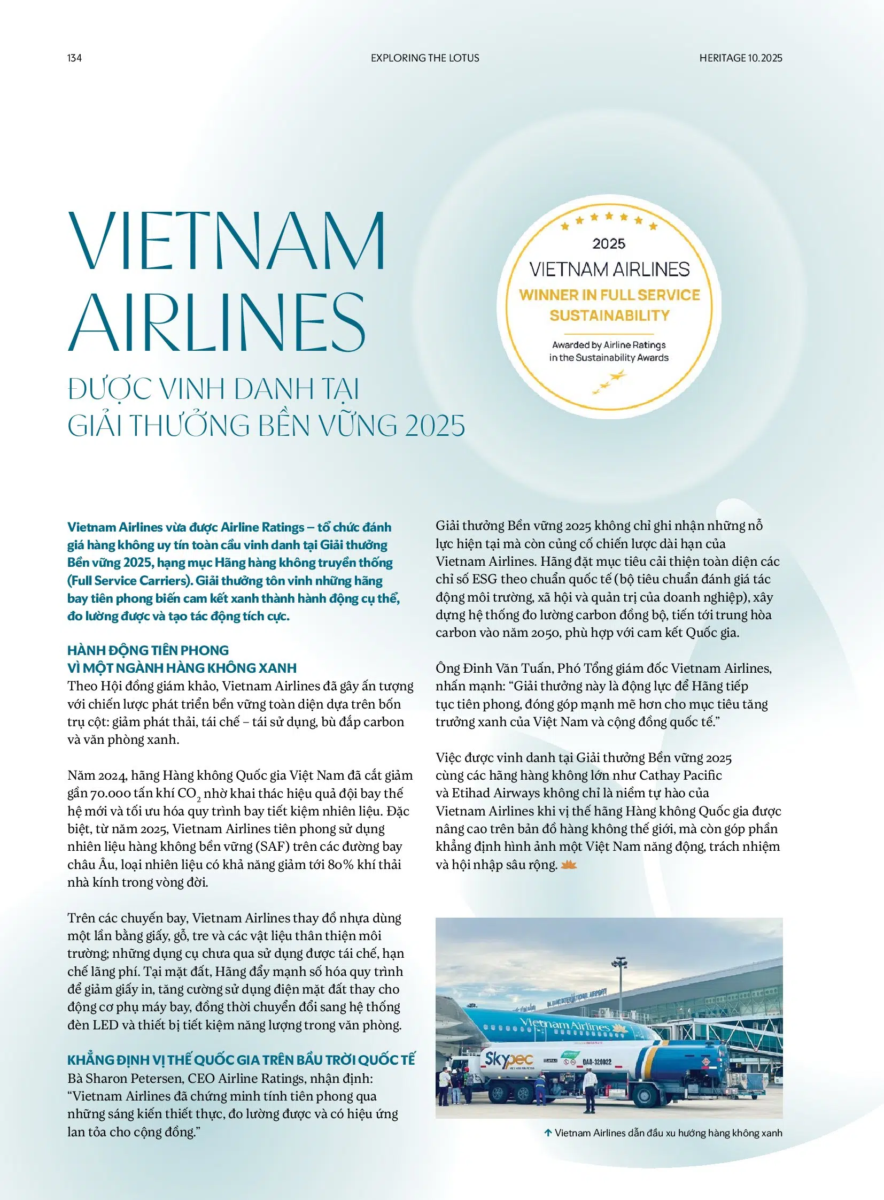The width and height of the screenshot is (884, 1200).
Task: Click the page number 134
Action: point(74,58)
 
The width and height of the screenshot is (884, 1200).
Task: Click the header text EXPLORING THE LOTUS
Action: point(425,58)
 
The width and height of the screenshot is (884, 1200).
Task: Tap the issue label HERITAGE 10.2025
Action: point(741,58)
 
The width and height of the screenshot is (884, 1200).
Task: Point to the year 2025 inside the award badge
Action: point(609,244)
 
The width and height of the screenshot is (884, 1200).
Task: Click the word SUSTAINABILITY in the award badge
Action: point(609,316)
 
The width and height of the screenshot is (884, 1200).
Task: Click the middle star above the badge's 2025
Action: point(609,216)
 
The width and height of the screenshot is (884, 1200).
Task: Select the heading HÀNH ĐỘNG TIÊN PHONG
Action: point(148,650)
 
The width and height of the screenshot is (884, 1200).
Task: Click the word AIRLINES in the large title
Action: point(216,322)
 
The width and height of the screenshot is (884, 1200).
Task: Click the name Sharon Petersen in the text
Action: point(141,1079)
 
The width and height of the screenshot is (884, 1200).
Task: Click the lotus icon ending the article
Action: point(568,865)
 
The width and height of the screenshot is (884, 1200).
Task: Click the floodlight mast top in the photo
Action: point(619,962)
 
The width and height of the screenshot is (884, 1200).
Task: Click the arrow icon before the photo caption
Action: point(547,1133)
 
